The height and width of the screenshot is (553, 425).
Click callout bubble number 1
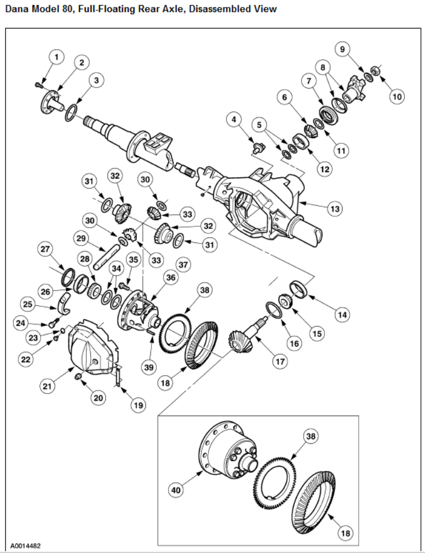[x=57, y=57]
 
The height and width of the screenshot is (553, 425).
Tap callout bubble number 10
[x=397, y=96]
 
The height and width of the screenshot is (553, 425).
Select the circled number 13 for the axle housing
[x=335, y=209]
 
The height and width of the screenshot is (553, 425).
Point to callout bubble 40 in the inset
[x=176, y=490]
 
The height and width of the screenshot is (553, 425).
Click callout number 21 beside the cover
[x=47, y=386]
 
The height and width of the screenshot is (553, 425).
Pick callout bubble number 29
[x=81, y=238]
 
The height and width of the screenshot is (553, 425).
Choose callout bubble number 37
[x=182, y=265]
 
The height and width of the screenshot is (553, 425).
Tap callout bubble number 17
[x=280, y=361]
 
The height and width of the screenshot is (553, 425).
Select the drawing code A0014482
[x=25, y=546]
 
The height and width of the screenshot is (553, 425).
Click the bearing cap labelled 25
[x=63, y=303]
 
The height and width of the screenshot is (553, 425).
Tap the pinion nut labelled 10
[x=375, y=70]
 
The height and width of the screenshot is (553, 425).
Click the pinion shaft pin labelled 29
[x=105, y=258]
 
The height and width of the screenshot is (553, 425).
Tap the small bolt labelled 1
[x=38, y=85]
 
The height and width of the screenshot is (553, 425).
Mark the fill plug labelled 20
[x=78, y=377]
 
